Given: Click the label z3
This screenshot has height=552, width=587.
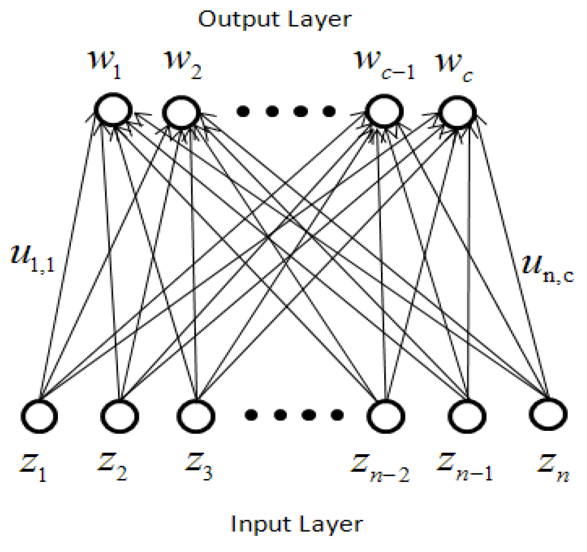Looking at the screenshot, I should point(198,467).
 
